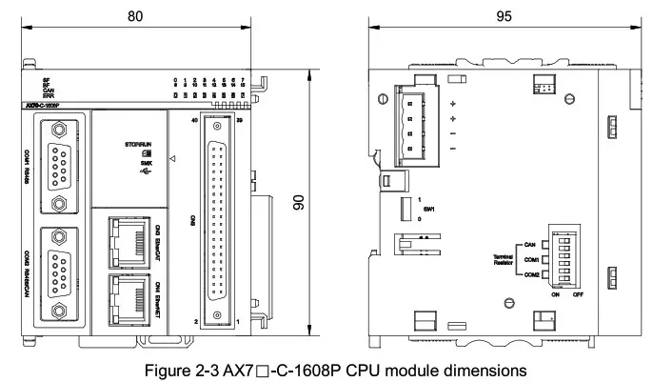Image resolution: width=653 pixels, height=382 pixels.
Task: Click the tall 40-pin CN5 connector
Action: [x=217, y=226]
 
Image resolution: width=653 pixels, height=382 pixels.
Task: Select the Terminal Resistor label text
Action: [x=504, y=260]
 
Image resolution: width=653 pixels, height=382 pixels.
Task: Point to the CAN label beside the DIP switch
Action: [x=532, y=244]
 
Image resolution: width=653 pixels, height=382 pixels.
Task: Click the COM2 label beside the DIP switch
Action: [x=531, y=275]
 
